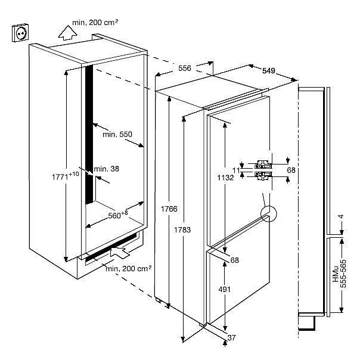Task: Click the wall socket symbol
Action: (20, 33)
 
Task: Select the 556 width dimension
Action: (185, 69)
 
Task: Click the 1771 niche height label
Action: (66, 175)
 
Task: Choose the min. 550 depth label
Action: (117, 135)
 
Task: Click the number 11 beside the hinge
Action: (235, 170)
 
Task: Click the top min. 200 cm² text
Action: (95, 22)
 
